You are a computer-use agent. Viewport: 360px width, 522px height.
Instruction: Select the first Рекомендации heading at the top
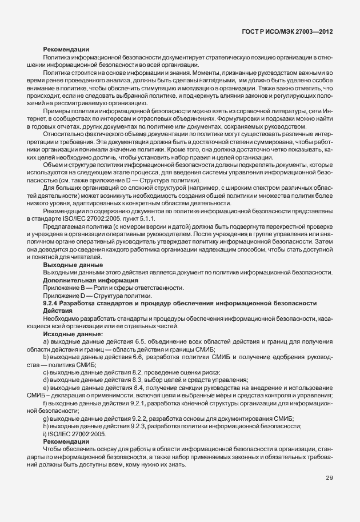tap(66, 50)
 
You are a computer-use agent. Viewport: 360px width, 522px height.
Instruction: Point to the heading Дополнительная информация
tap(90, 280)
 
